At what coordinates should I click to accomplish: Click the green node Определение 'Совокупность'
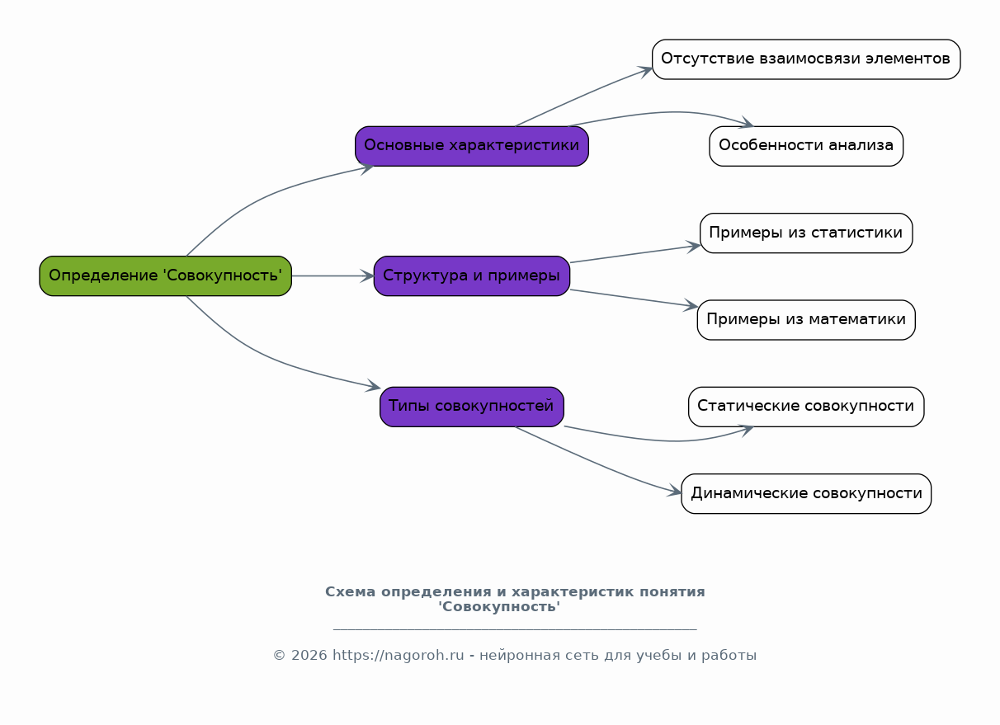(x=165, y=275)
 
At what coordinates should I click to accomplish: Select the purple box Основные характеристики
(x=471, y=146)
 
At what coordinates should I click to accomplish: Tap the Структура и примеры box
(x=471, y=275)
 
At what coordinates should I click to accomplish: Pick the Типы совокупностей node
(x=471, y=406)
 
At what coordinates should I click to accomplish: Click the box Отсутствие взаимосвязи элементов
(x=805, y=59)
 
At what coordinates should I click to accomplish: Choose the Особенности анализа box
(x=805, y=146)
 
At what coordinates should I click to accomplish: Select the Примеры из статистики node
(x=805, y=233)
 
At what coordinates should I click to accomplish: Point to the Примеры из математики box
(x=805, y=319)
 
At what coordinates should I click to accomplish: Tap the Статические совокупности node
(x=805, y=406)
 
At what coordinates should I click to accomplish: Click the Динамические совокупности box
(x=805, y=493)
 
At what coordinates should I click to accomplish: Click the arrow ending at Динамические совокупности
(x=602, y=465)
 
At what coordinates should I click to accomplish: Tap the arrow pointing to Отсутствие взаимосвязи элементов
(x=586, y=96)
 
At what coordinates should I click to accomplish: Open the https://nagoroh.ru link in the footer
(x=399, y=656)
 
